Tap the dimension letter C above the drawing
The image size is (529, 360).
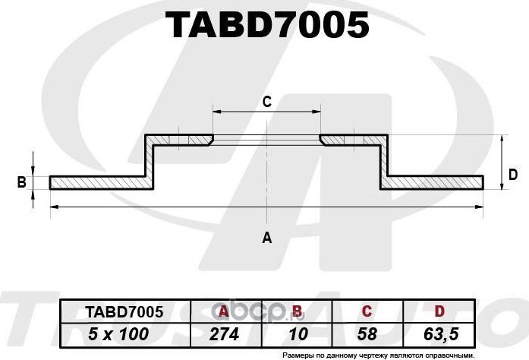(266, 101)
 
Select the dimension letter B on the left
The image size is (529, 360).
(22, 182)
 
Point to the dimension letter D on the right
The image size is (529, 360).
(513, 175)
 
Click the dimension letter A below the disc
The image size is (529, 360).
(266, 238)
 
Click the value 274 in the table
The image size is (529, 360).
(223, 333)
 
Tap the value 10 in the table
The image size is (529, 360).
(296, 333)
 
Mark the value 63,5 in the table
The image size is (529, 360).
(439, 333)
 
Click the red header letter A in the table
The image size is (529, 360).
(223, 311)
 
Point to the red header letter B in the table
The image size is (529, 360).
(297, 311)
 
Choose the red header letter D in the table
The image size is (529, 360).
(439, 311)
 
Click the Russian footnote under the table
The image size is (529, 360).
(377, 354)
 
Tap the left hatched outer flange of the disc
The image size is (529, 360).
(99, 182)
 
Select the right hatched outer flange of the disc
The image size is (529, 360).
(434, 182)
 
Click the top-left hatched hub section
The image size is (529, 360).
(182, 141)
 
